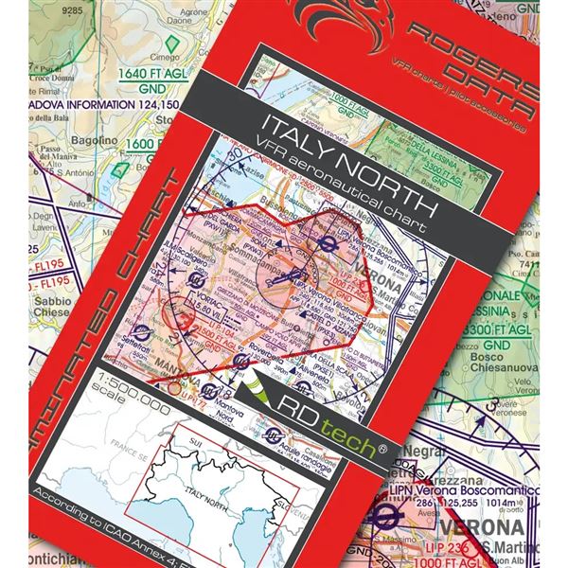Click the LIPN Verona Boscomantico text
461,494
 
